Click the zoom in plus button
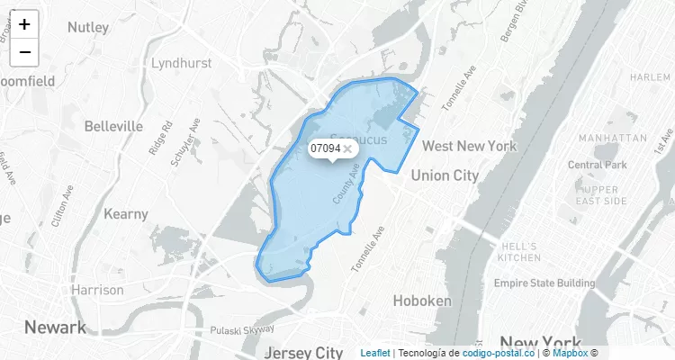tap(24, 25)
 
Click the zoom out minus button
tap(24, 52)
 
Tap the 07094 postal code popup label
tap(325, 148)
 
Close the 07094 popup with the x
tap(347, 148)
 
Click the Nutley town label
tap(86, 27)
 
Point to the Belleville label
tap(113, 126)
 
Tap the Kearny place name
tap(126, 214)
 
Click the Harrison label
tap(97, 290)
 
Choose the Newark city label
tap(55, 326)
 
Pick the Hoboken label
tap(422, 301)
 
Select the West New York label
tap(469, 146)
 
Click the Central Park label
tap(597, 165)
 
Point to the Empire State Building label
tap(545, 283)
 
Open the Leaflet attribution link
tap(375, 353)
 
